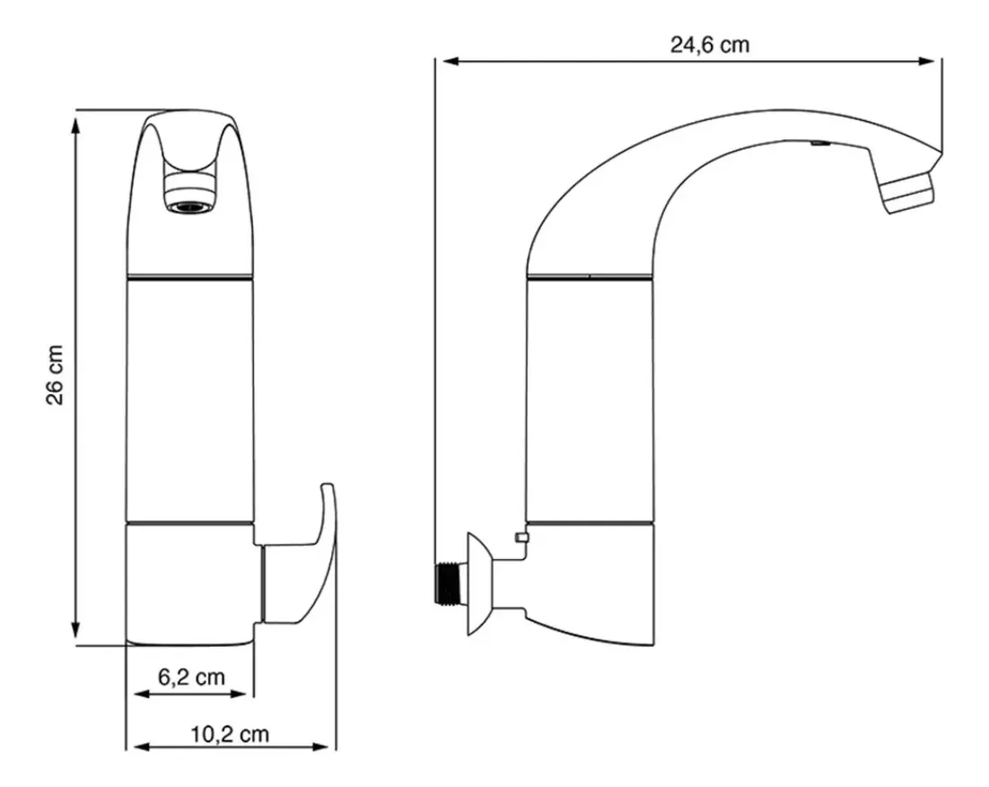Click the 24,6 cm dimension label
point(710,45)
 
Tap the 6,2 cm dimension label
point(191,678)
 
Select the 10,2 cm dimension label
point(231,734)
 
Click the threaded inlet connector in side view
point(447,582)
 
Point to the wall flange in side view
point(480,583)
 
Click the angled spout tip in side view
point(906,191)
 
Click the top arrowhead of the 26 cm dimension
point(76,126)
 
